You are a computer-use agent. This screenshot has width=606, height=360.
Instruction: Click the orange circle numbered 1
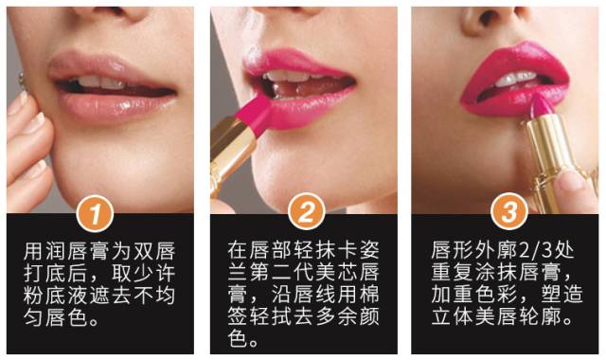click(x=95, y=213)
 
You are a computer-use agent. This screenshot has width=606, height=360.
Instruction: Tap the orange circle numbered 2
click(x=306, y=211)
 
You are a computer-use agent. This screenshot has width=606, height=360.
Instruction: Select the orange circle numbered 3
click(x=509, y=211)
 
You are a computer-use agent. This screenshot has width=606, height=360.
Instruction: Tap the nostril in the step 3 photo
click(x=488, y=16)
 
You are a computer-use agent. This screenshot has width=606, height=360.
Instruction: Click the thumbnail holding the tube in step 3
click(x=571, y=181)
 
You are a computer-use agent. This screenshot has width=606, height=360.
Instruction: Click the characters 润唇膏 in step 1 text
click(x=79, y=250)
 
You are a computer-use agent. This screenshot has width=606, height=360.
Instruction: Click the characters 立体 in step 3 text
click(x=453, y=317)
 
